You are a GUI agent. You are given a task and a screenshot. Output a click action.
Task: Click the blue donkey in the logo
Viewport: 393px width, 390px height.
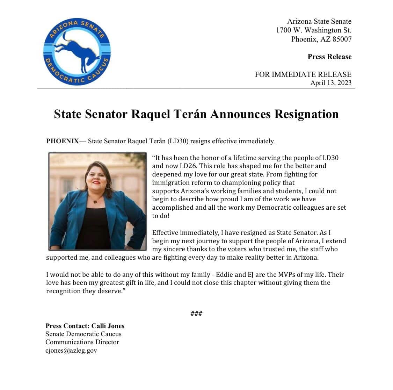[75, 49]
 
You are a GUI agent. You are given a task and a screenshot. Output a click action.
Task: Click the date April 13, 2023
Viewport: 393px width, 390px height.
[331, 83]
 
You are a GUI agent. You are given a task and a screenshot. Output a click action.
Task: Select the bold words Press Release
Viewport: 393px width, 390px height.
[329, 57]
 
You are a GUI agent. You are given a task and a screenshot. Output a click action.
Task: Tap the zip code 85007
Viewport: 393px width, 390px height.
[342, 39]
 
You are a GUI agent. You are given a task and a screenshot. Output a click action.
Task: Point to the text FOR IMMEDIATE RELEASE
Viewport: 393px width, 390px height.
[303, 74]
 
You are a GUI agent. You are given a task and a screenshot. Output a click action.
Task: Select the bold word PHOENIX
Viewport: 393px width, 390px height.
[63, 141]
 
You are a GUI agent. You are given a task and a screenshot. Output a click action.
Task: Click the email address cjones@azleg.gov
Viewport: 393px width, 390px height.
[71, 351]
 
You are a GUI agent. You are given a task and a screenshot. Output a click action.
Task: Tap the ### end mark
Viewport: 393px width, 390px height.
[196, 313]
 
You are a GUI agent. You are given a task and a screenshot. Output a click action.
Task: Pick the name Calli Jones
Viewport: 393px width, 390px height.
[108, 326]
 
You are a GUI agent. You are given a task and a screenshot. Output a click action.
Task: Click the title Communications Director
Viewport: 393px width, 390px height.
[82, 342]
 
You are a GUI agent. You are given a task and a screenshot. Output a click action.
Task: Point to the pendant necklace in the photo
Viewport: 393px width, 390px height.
[95, 202]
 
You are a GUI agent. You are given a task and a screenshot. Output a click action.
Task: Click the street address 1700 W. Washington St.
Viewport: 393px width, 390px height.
[313, 30]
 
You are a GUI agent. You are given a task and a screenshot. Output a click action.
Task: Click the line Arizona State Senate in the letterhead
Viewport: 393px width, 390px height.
[319, 22]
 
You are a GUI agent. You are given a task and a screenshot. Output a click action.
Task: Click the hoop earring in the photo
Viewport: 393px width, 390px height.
[108, 185]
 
